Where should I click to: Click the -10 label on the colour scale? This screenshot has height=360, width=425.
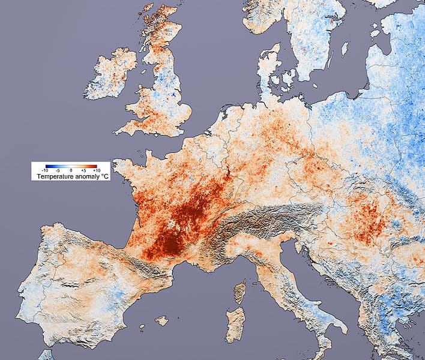pyautogui.click(x=46, y=171)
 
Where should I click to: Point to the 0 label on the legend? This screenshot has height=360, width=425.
pyautogui.click(x=70, y=171)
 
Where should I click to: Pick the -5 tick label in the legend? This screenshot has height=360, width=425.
pyautogui.click(x=58, y=171)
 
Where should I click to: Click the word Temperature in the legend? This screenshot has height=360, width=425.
pyautogui.click(x=55, y=177)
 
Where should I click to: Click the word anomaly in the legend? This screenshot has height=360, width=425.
pyautogui.click(x=86, y=177)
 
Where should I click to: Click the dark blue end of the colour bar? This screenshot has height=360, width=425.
pyautogui.click(x=46, y=166)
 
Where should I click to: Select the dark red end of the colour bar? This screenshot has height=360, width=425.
pyautogui.click(x=95, y=166)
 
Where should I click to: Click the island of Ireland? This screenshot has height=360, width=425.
pyautogui.click(x=111, y=75)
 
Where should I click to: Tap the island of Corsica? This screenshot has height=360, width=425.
pyautogui.click(x=240, y=292)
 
